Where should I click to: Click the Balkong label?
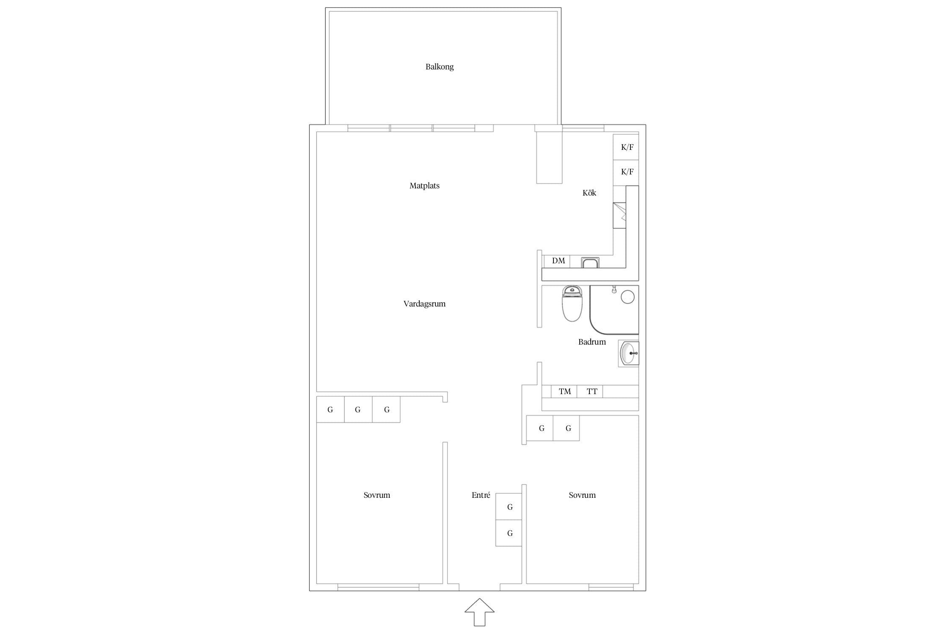pos(440,67)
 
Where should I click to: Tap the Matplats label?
pos(424,186)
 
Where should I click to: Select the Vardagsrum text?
pos(424,304)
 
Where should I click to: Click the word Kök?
pos(589,193)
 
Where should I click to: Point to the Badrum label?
pos(592,342)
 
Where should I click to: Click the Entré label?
pos(481,495)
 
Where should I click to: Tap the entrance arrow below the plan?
pos(479,612)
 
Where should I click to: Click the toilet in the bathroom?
pos(572,303)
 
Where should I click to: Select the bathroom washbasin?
pos(629,353)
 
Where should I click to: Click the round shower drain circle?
pos(627,297)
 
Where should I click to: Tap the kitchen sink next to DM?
pos(590,262)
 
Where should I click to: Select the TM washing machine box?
pos(564,392)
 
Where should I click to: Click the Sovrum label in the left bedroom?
pos(377,495)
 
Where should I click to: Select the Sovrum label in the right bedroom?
pos(582,495)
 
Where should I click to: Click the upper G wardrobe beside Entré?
pos(509,507)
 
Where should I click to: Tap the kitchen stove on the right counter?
pos(619,215)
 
